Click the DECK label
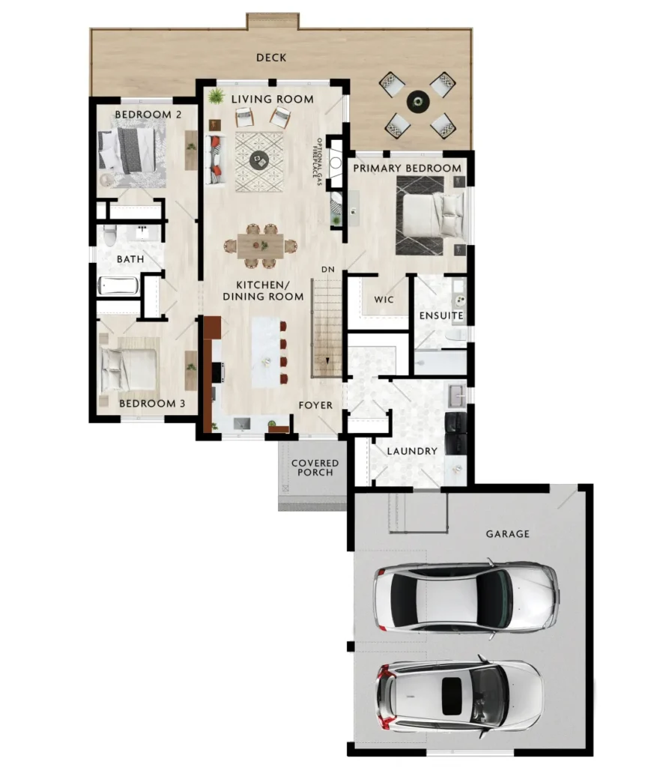271,58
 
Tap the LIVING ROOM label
273,100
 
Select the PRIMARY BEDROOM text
407,169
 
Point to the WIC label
384,300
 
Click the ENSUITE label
441,315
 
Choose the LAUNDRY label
412,451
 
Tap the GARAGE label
507,533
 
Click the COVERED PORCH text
315,467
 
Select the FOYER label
315,405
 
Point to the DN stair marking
328,270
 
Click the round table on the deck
418,102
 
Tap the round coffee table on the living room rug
259,160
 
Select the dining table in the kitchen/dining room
260,246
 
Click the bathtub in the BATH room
118,286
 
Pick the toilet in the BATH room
109,236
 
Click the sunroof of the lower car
452,697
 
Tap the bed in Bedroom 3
129,365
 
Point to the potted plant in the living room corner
215,97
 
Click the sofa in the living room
215,160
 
